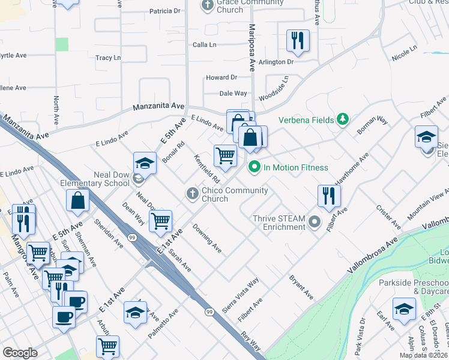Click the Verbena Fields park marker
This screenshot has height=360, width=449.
pos(343,119)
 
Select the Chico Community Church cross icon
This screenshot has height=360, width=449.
pos(192,193)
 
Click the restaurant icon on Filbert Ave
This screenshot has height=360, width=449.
pos(328,196)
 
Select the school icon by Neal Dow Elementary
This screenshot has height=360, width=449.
pos(144,163)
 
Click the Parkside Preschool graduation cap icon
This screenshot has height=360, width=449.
pos(404,310)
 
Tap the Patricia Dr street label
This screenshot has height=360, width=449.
pos(164,11)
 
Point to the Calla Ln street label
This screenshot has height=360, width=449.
pos(204,44)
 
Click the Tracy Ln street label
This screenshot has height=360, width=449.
pos(108,58)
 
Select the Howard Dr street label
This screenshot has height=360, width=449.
pos(221,77)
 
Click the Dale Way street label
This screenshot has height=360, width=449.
pos(233,93)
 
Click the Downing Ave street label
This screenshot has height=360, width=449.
pos(207,238)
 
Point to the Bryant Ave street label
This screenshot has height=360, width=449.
pos(301,287)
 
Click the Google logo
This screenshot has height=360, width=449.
pos(20,353)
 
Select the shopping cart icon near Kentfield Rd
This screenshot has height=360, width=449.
pos(225,155)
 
